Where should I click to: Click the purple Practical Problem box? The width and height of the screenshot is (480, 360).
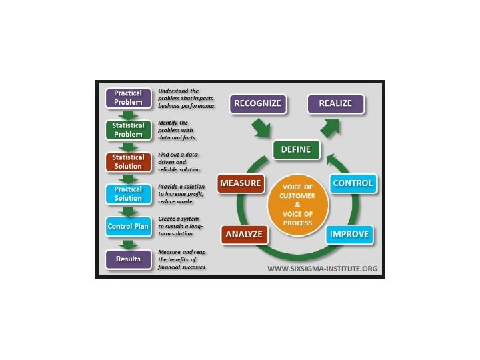coord(128,97)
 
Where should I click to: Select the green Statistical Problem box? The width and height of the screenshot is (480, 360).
coord(128,129)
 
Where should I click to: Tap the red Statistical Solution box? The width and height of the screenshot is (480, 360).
coord(128,161)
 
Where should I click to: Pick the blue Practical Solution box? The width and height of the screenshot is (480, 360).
coord(128,193)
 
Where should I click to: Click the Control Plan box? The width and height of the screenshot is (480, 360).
coord(128,226)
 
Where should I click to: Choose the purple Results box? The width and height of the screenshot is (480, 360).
coord(128,258)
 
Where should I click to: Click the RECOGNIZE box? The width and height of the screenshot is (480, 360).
coord(258,103)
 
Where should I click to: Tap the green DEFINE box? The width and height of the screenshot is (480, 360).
coord(297,150)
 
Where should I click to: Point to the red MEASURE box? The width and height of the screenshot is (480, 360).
coord(240,183)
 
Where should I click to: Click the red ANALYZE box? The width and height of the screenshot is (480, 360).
coord(243,234)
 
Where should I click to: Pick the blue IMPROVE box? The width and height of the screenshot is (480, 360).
coord(349,234)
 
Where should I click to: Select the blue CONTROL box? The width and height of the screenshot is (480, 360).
coord(353,183)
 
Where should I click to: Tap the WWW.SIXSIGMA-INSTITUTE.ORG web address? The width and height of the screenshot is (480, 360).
coord(323,269)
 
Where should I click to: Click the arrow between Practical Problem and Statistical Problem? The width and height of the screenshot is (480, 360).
coord(128,113)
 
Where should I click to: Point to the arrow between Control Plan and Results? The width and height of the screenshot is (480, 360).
coord(128,243)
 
